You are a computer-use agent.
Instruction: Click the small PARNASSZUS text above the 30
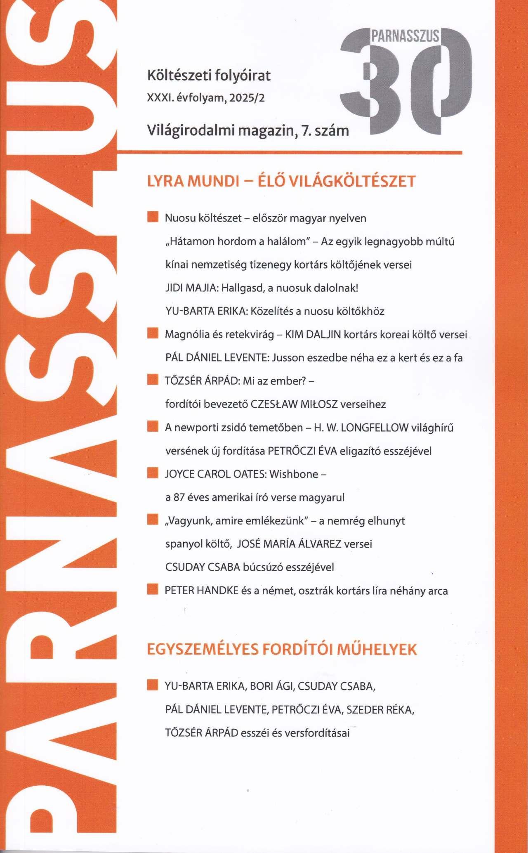405,36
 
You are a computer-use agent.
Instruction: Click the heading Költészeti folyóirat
209,76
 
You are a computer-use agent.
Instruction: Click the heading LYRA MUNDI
193,182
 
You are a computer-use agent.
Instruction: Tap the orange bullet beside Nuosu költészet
153,217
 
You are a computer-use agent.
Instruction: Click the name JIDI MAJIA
191,288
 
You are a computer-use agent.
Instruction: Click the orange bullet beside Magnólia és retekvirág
153,333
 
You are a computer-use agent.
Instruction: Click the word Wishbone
294,474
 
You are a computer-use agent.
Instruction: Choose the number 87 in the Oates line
179,498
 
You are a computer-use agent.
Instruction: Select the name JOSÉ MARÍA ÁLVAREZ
289,544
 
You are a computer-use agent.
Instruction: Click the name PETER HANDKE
201,591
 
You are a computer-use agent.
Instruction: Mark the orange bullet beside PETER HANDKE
153,589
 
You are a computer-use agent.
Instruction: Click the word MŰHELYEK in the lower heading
377,650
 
